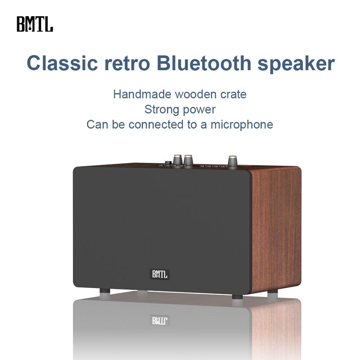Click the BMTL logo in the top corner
point(35,24)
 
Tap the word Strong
point(161,109)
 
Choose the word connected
point(153,124)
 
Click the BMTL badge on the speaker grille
point(159,274)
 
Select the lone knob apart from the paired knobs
point(233,161)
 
